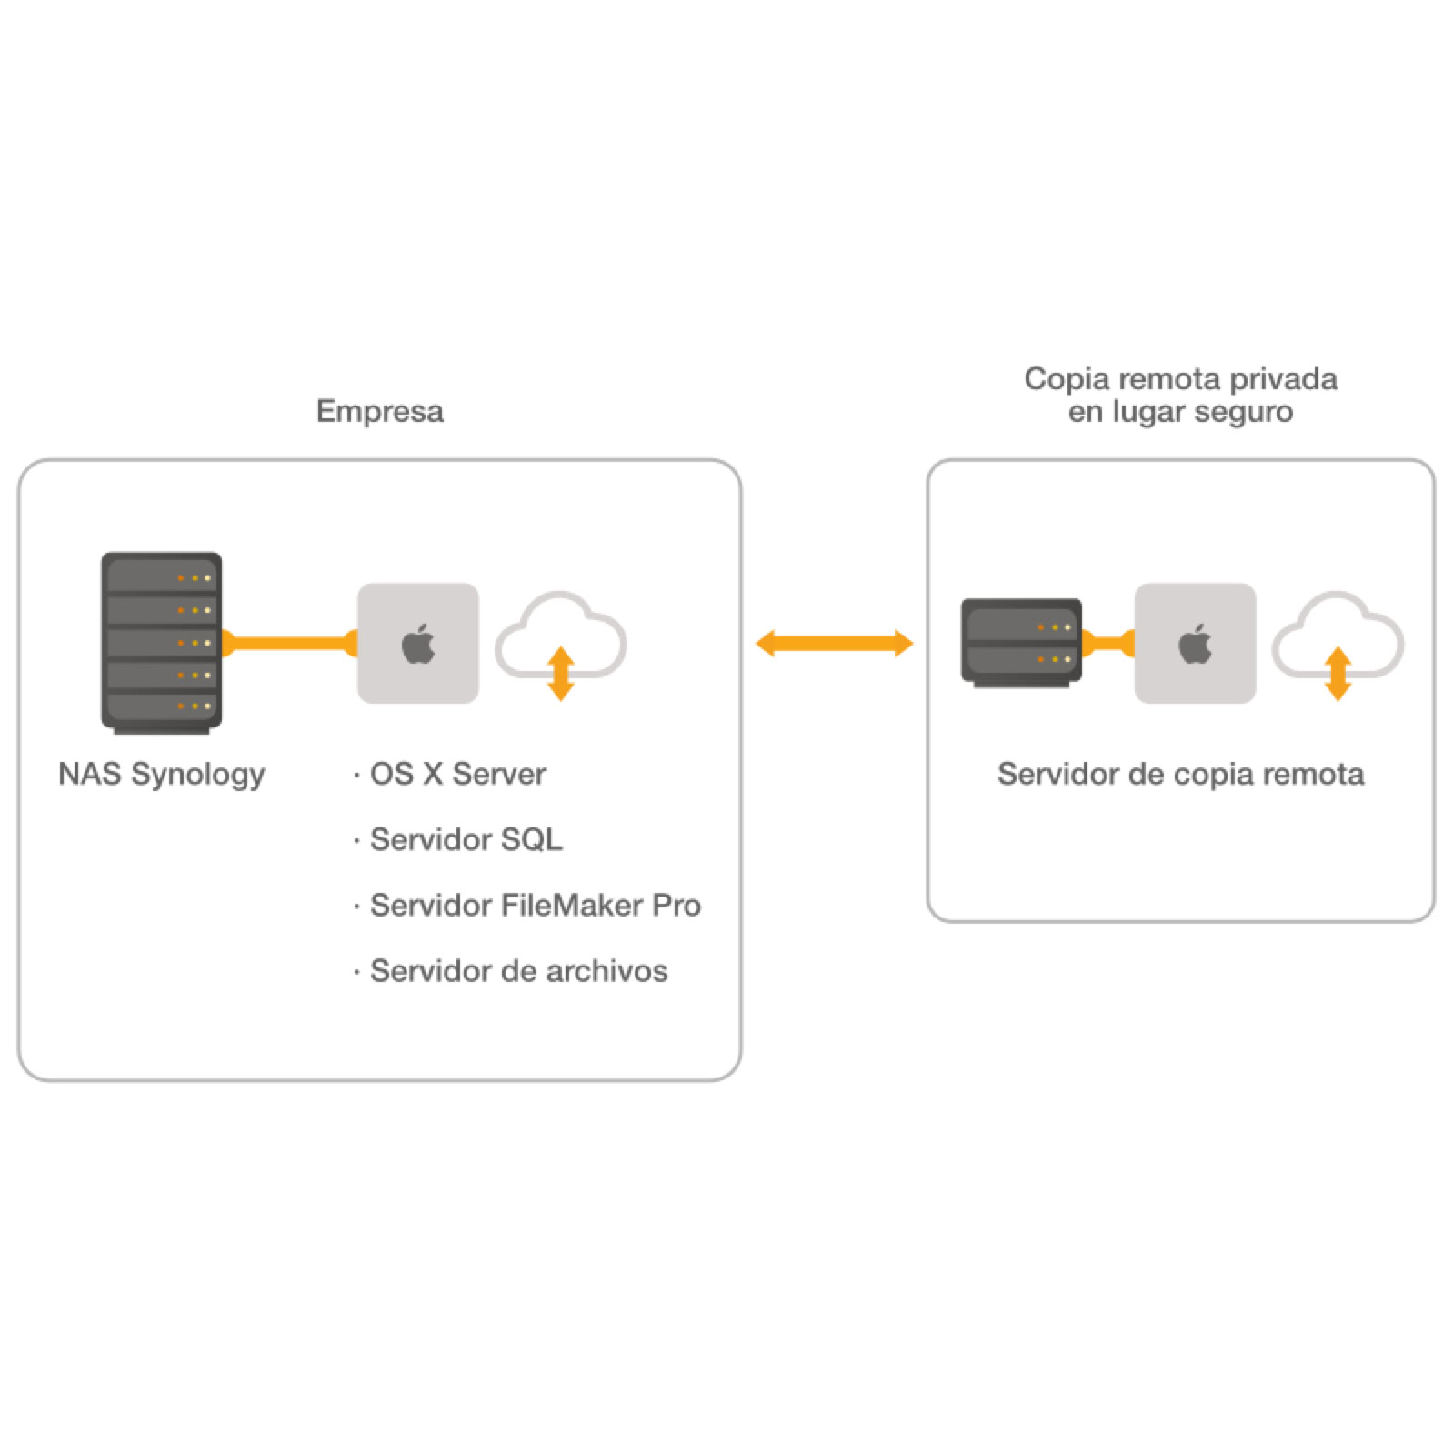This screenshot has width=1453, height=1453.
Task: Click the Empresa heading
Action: pos(379,411)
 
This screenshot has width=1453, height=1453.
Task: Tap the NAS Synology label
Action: pos(161,774)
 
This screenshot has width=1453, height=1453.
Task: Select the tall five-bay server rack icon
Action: pos(161,641)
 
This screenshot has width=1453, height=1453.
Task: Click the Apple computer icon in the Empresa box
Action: pos(417,643)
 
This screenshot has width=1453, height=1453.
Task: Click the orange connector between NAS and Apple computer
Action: pos(289,643)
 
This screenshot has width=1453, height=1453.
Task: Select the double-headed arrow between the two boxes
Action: pos(834,643)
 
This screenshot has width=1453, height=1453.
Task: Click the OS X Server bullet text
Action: pos(456,774)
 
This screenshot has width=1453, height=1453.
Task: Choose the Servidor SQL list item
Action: pos(465,839)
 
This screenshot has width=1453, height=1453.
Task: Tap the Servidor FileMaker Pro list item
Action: pos(534,905)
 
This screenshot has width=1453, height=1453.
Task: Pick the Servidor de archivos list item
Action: pos(517,971)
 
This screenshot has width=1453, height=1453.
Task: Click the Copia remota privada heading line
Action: pos(1179,378)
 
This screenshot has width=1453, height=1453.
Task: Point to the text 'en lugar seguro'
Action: pos(1179,412)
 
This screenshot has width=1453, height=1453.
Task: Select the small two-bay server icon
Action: pos(1020,641)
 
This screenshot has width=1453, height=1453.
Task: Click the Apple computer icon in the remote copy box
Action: pos(1194,643)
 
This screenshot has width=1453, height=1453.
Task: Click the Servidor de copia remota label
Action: pos(1179,774)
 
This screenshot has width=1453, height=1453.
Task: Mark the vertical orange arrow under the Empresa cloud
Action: pos(561,674)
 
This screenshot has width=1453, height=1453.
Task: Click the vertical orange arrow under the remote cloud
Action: pos(1337,674)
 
